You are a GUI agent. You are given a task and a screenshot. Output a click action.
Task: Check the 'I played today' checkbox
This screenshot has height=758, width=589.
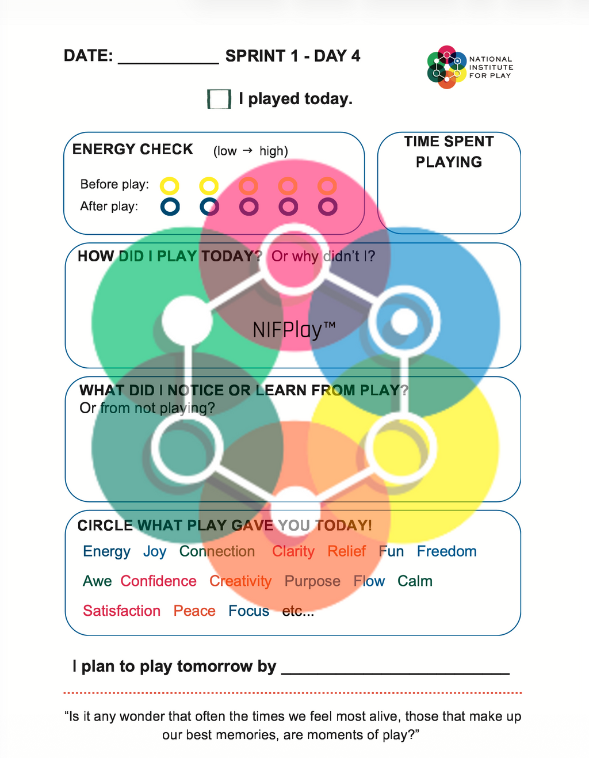click(219, 99)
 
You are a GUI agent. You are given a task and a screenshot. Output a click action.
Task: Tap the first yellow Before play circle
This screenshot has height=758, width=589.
click(169, 185)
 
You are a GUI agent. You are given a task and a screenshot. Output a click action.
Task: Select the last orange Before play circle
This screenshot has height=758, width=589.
click(327, 185)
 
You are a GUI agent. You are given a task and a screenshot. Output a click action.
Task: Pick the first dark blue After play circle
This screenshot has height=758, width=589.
click(170, 207)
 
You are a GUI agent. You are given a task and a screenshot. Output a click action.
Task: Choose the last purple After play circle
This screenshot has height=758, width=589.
click(328, 207)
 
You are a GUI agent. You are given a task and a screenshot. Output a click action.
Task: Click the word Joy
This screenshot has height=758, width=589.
click(155, 552)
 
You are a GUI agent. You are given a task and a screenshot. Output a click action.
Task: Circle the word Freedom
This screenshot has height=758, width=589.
click(447, 551)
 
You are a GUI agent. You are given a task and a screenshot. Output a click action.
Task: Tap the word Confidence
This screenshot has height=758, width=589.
click(159, 581)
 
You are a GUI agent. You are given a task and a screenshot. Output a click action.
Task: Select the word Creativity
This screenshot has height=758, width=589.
click(240, 581)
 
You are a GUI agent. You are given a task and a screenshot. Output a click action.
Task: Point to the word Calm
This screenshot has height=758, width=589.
click(415, 581)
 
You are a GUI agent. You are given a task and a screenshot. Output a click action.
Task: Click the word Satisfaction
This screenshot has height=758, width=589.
click(121, 611)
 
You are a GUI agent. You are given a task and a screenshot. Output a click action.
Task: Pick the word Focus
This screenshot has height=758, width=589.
click(249, 611)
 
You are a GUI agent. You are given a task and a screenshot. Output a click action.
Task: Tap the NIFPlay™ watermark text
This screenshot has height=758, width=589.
click(294, 330)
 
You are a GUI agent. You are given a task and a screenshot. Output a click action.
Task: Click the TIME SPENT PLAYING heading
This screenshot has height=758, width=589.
click(449, 152)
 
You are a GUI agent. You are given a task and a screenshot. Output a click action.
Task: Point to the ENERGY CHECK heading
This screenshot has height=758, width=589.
click(132, 149)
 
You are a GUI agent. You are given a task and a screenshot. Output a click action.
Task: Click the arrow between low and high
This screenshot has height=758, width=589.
click(247, 150)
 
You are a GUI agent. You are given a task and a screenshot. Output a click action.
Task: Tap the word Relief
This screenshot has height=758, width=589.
click(347, 551)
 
